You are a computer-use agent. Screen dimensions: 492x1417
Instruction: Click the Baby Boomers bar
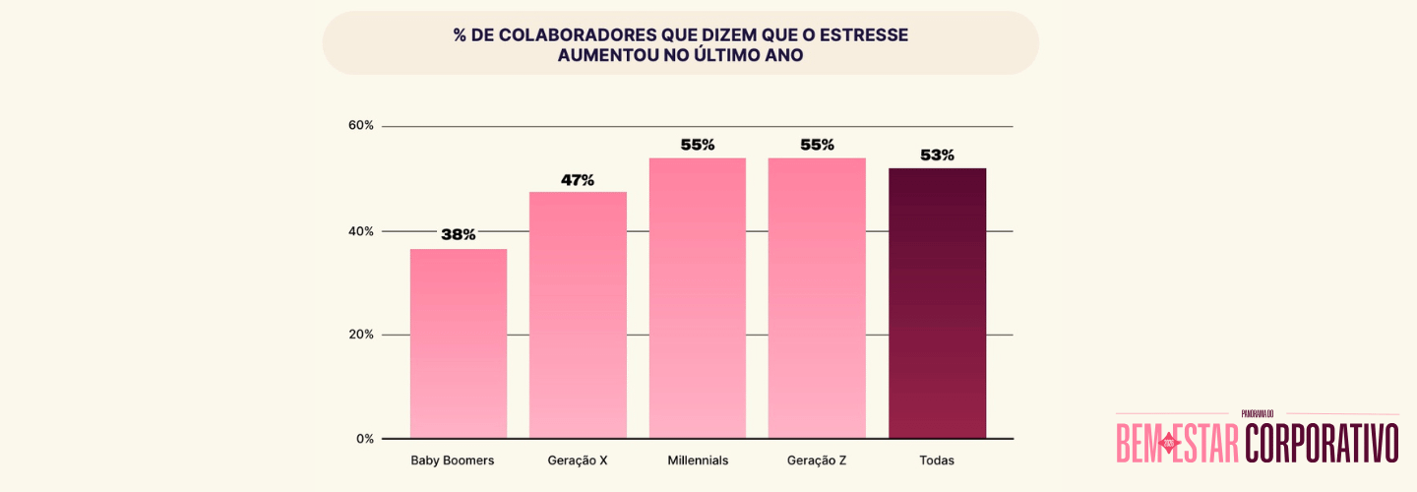[x=459, y=343]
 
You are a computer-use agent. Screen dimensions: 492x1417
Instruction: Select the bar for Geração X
[x=578, y=315]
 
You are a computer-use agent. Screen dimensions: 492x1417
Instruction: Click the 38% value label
[x=459, y=235]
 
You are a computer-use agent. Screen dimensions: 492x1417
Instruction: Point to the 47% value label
[x=578, y=180]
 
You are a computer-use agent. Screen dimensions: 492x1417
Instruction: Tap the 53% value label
[x=937, y=155]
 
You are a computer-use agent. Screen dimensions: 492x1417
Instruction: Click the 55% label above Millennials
[x=698, y=145]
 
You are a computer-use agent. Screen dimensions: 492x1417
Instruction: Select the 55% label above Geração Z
[x=817, y=145]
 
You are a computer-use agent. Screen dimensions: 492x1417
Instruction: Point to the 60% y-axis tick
[x=361, y=126]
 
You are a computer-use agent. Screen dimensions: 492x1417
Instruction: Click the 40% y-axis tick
[x=361, y=231]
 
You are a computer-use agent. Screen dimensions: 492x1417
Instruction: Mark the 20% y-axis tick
[x=361, y=335]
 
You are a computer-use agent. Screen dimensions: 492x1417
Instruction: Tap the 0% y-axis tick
[x=364, y=439]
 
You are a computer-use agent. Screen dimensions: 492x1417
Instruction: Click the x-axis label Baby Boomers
[x=453, y=461]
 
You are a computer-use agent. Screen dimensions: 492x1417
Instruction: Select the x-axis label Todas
[x=937, y=461]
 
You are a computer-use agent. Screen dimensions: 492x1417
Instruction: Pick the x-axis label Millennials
[x=698, y=461]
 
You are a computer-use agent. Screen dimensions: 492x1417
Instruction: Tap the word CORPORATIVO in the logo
[x=1322, y=443]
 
